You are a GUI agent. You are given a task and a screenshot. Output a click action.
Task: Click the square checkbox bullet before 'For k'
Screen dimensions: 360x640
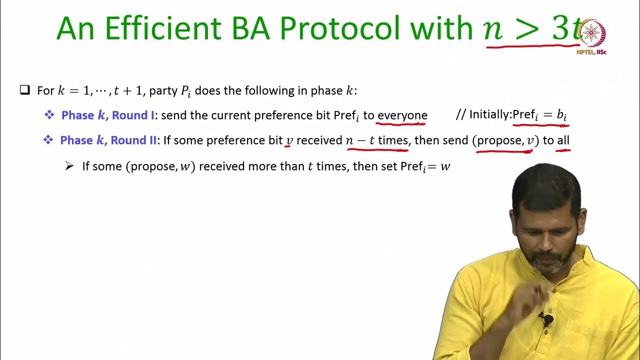pyautogui.click(x=24, y=90)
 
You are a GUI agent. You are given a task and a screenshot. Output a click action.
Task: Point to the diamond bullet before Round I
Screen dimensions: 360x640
pyautogui.click(x=49, y=115)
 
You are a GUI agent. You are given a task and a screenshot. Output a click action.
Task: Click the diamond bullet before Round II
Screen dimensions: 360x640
pyautogui.click(x=48, y=140)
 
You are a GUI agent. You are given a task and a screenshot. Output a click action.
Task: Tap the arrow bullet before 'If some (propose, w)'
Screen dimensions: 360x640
pyautogui.click(x=69, y=166)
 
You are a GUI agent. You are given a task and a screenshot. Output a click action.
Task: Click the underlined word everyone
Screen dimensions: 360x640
pyautogui.click(x=402, y=115)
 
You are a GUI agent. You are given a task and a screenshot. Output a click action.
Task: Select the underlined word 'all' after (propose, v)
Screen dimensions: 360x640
pyautogui.click(x=563, y=140)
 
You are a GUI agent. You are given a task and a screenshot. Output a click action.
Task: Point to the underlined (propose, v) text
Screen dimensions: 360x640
pyautogui.click(x=505, y=140)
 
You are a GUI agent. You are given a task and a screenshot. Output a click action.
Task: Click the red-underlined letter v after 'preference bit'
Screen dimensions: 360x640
pyautogui.click(x=289, y=141)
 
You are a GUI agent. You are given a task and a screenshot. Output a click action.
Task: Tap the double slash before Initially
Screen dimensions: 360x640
pyautogui.click(x=460, y=115)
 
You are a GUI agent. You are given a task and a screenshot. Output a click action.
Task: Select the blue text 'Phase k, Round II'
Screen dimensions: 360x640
pyautogui.click(x=108, y=140)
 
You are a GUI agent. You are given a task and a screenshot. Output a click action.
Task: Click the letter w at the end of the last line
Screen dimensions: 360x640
pyautogui.click(x=445, y=166)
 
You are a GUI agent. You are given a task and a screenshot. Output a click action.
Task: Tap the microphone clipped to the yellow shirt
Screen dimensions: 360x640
pyautogui.click(x=547, y=319)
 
